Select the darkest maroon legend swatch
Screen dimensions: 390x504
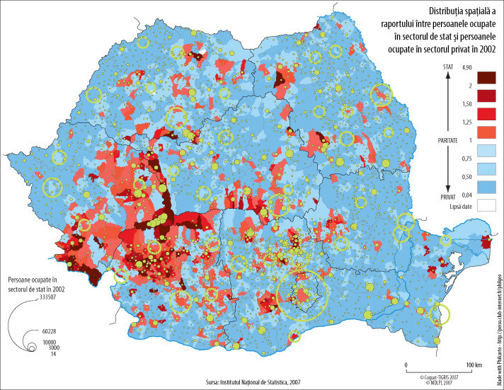click(x=488, y=76)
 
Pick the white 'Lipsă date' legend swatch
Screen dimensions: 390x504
click(x=488, y=206)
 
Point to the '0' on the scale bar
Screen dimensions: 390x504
click(x=406, y=365)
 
